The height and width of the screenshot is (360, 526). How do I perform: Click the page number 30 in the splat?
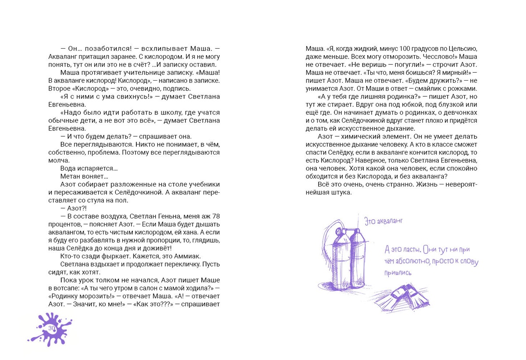tap(52, 328)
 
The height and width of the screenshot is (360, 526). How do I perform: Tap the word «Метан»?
tap(70, 176)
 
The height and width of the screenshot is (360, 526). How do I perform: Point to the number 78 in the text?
tap(216, 216)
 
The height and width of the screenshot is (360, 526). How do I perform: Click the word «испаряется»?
tap(98, 168)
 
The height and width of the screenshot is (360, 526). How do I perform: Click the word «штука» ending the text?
tap(342, 192)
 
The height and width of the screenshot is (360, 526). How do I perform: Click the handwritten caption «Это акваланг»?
tap(384, 222)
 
